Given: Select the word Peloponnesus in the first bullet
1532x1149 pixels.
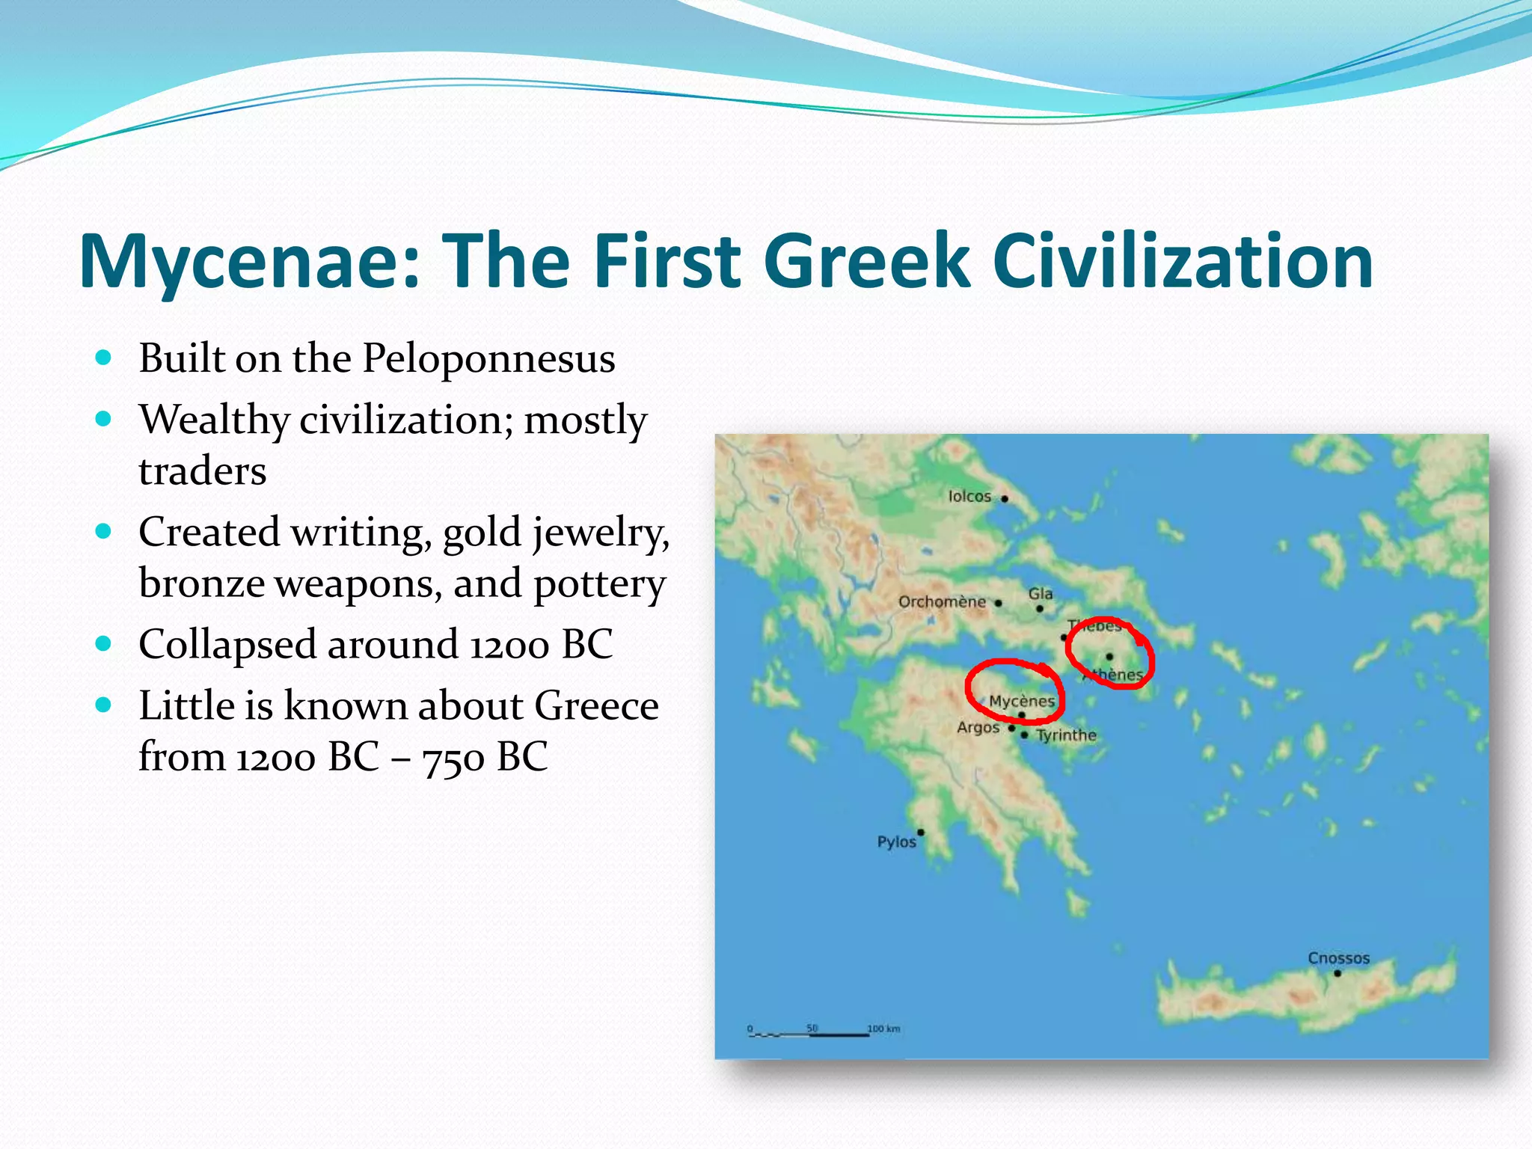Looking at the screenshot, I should (488, 358).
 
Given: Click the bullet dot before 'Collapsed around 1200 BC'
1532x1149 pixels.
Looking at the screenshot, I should (104, 643).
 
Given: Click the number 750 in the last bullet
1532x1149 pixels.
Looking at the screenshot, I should (453, 758).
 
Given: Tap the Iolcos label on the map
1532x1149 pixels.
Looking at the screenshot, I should (969, 496).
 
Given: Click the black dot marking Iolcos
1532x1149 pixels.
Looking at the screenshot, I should (1005, 498).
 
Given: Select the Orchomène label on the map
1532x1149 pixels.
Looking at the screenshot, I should (942, 601).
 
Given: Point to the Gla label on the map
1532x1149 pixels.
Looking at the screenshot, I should (1040, 594).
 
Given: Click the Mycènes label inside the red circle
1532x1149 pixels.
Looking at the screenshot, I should (1021, 701).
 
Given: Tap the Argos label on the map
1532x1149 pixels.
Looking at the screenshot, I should (978, 727).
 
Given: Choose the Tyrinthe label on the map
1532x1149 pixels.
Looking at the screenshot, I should (1066, 735).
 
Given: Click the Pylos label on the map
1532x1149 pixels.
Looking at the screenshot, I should (896, 842).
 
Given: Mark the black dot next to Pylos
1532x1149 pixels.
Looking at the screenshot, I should (921, 832).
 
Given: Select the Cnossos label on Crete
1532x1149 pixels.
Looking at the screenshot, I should (1338, 957).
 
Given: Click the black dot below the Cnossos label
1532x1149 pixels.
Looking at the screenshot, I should (1338, 973).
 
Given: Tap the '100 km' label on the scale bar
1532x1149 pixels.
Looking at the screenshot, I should (883, 1029).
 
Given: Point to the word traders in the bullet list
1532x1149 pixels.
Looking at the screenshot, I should (202, 471).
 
